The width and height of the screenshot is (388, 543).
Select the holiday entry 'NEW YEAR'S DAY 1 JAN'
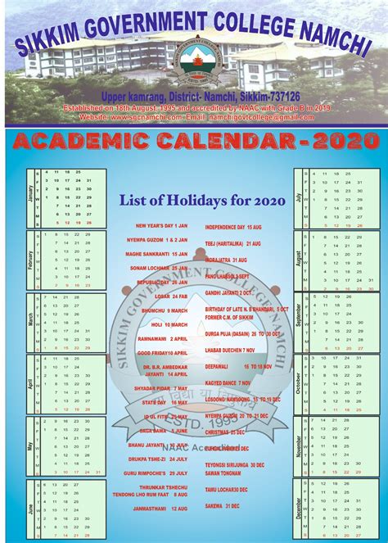coord(161,225)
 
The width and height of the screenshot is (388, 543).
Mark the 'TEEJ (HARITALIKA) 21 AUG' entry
coord(232,244)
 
